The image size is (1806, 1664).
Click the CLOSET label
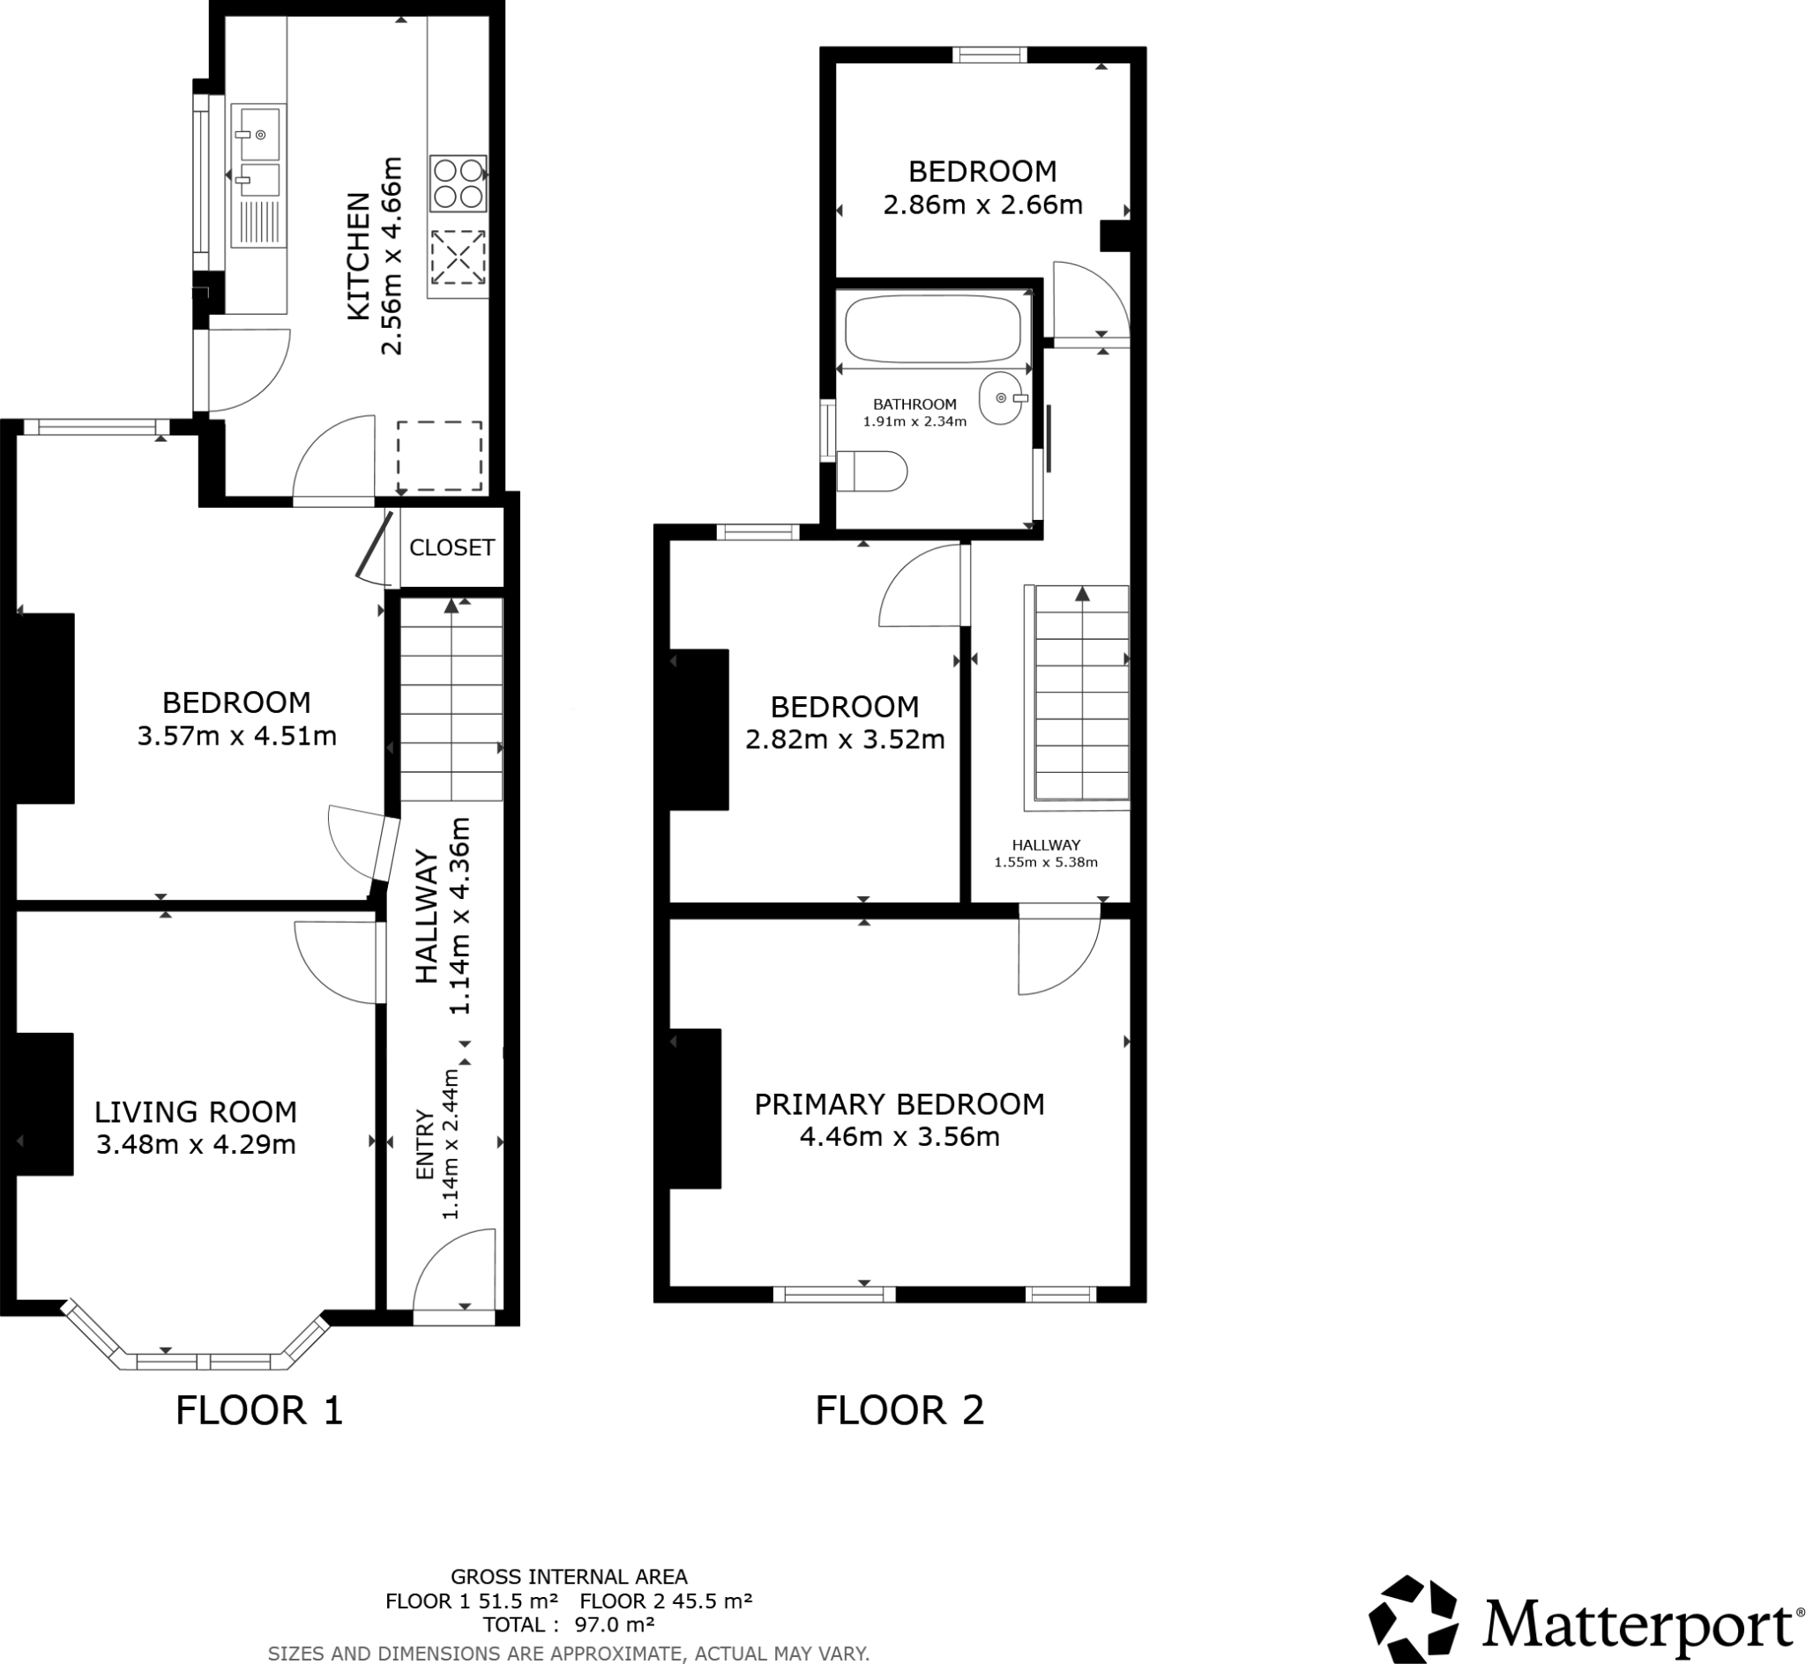point(451,547)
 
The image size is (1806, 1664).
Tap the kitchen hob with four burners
point(459,182)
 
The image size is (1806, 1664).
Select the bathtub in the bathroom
point(933,328)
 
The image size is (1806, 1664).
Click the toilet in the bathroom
point(872,472)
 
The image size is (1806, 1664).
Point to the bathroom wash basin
point(1001,398)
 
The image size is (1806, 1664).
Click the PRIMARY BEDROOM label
point(899,1104)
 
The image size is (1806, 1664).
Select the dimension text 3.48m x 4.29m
point(196,1145)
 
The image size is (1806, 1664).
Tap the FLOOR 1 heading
point(259,1410)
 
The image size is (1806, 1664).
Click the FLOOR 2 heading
point(899,1410)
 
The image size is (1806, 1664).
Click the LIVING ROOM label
point(196,1112)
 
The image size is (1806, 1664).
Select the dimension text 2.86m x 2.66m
point(981,205)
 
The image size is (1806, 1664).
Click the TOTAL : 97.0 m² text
point(569,1624)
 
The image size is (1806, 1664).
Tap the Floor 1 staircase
point(451,700)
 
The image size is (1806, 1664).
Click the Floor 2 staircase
point(1081,694)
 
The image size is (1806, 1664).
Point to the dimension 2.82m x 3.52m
point(844,740)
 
